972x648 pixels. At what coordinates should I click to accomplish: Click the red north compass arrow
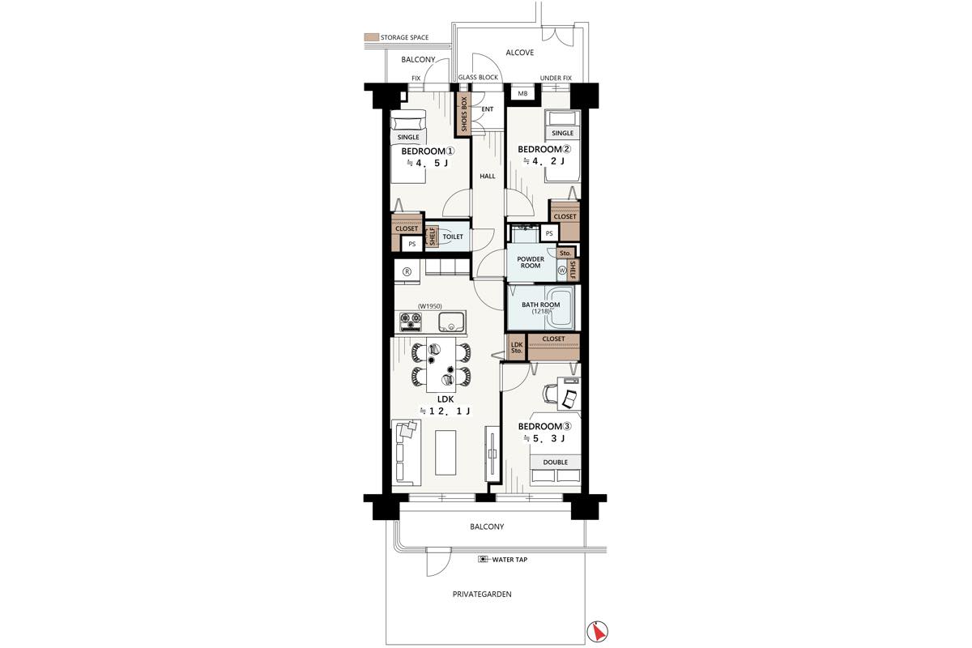coord(598,632)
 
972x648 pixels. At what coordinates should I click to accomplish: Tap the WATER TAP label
coord(509,560)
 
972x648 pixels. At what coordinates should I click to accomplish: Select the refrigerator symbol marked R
coord(407,271)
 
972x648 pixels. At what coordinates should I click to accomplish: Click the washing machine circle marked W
coord(562,270)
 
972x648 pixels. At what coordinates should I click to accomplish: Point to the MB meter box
coord(522,93)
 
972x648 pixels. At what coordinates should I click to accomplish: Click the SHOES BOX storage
coord(464,114)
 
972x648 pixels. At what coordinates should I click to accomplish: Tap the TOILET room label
coord(453,237)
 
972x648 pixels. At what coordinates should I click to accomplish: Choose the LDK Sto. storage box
coord(517,347)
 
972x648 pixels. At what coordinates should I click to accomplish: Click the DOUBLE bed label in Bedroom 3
coord(555,463)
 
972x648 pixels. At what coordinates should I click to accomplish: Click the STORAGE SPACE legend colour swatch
coord(372,37)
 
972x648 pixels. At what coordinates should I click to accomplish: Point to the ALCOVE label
coord(519,53)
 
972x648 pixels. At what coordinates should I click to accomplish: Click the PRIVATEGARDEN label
coord(482,595)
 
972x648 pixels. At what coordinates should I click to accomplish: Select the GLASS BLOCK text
coord(478,77)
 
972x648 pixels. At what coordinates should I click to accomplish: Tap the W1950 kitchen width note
coord(429,306)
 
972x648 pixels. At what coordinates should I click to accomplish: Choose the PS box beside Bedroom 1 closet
coord(411,244)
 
